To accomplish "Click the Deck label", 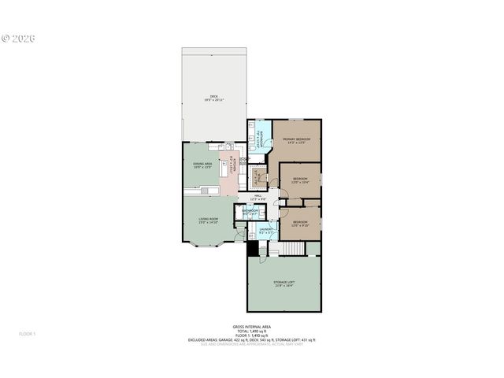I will pyautogui.click(x=213, y=98).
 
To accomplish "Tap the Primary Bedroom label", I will pyautogui.click(x=297, y=141).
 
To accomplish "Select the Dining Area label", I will pyautogui.click(x=202, y=165).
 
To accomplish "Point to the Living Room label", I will pyautogui.click(x=209, y=220).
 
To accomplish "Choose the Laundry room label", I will pyautogui.click(x=266, y=231).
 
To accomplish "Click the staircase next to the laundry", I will pyautogui.click(x=293, y=249).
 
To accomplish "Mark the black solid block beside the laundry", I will pyautogui.click(x=253, y=249).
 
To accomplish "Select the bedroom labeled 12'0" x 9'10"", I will pyautogui.click(x=300, y=223).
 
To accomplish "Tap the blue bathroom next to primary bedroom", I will pyautogui.click(x=259, y=135).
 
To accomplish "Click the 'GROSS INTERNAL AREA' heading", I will pyautogui.click(x=252, y=326).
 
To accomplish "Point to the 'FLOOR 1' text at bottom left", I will pyautogui.click(x=28, y=334).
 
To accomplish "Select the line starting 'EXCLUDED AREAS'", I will pyautogui.click(x=252, y=340).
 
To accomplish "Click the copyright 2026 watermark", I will pyautogui.click(x=19, y=37).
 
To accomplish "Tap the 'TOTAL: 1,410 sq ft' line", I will pyautogui.click(x=252, y=331).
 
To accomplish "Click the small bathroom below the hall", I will pyautogui.click(x=251, y=213).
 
